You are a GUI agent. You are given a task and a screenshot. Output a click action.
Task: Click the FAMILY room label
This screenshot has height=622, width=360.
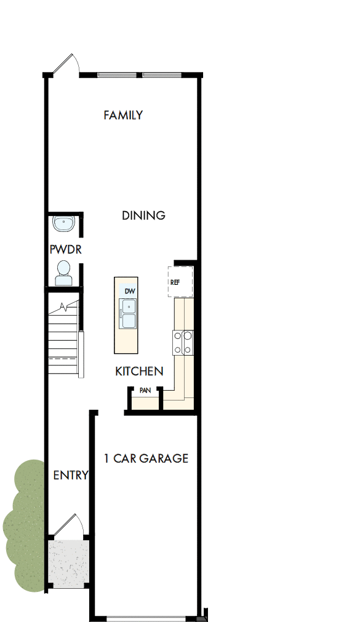click(x=123, y=115)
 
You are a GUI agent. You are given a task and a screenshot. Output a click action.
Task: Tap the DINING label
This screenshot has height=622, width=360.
click(x=143, y=215)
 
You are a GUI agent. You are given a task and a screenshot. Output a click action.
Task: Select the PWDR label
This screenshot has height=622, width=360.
click(x=66, y=249)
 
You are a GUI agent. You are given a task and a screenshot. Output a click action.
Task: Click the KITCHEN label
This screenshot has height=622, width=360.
click(x=139, y=371)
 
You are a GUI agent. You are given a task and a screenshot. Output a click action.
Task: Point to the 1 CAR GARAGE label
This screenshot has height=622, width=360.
click(x=146, y=458)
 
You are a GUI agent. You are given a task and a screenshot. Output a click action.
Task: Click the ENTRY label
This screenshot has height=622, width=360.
click(x=70, y=475)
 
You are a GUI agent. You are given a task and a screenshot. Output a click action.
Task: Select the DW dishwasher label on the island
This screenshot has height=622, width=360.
click(x=129, y=290)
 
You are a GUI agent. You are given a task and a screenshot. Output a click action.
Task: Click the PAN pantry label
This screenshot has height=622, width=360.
click(x=145, y=390)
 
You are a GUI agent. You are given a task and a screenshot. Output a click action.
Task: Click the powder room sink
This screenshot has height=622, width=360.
click(x=63, y=224)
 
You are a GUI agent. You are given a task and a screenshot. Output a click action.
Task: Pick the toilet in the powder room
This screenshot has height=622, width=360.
click(x=63, y=272)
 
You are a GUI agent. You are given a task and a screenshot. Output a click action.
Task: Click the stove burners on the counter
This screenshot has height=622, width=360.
click(x=183, y=343)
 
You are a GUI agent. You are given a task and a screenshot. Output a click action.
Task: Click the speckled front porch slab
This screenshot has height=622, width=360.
click(x=68, y=563)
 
